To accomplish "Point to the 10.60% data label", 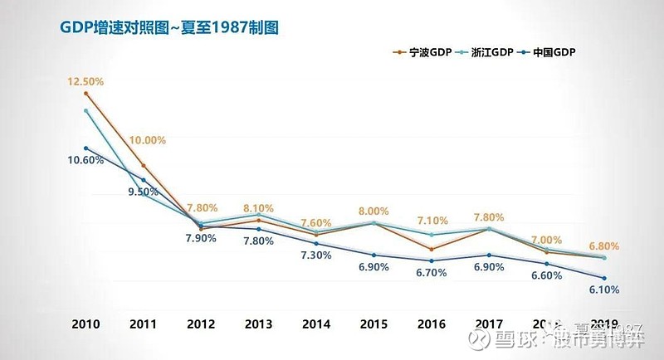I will pos(85,160).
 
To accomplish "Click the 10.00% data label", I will pos(148,140).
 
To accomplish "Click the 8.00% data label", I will pos(373,212).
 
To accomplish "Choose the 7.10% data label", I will pos(432,221).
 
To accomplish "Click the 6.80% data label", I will pos(603,247).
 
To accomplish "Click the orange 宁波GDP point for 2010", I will pos(86,94).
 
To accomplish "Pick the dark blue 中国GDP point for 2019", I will pos(604,278).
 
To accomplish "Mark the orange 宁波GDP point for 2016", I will pos(432,249).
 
